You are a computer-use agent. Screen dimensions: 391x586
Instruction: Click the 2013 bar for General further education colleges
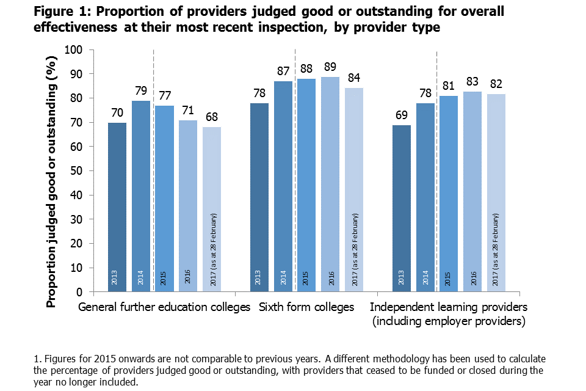tap(117, 208)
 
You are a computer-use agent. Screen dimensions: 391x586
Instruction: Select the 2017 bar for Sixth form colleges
tap(354, 189)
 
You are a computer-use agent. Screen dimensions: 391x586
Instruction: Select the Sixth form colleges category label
tap(306, 307)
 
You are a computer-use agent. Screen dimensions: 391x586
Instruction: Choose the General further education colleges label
tap(164, 307)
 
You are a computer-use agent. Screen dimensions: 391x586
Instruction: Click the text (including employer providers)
tap(449, 321)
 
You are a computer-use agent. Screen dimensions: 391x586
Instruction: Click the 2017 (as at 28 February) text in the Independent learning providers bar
tap(496, 244)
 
